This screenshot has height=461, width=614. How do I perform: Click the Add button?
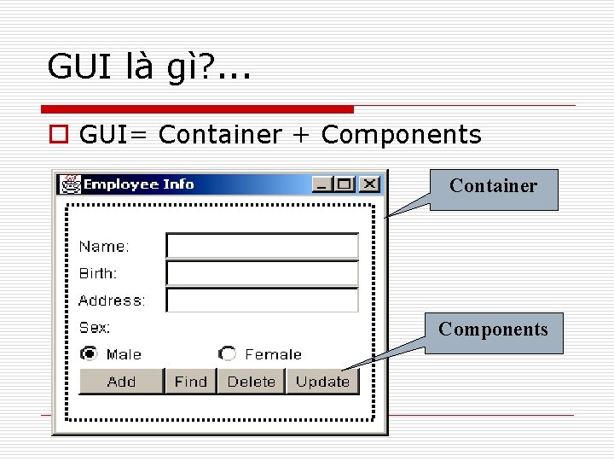click(x=121, y=382)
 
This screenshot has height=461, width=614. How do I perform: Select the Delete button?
click(x=251, y=382)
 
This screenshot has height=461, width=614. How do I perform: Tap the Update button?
click(x=322, y=382)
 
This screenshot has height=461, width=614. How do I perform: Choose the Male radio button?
click(x=89, y=353)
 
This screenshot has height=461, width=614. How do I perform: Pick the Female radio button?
click(x=227, y=353)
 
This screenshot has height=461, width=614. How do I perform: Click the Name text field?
click(x=262, y=247)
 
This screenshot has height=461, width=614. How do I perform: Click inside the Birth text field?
click(x=262, y=273)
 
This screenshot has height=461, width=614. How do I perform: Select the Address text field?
click(x=262, y=301)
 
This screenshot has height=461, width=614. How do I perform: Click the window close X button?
click(x=368, y=184)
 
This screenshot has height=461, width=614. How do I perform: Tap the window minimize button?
click(x=322, y=184)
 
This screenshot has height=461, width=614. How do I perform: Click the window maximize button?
click(x=344, y=184)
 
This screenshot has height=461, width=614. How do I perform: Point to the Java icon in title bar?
click(x=71, y=184)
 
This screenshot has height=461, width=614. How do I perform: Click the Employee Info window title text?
click(x=138, y=184)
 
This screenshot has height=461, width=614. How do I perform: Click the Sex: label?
click(x=95, y=327)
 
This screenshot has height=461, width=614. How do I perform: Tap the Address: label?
click(x=112, y=301)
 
